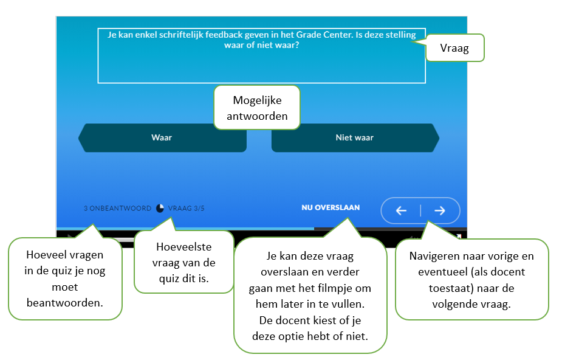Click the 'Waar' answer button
(162, 138)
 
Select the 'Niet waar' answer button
(354, 138)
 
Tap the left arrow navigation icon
(401, 211)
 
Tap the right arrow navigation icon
(440, 211)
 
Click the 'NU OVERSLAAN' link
(331, 208)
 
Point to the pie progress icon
(160, 208)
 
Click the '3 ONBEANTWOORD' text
(117, 208)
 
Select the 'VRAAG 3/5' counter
(187, 208)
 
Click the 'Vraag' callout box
(454, 48)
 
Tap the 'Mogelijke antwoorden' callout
(257, 108)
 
